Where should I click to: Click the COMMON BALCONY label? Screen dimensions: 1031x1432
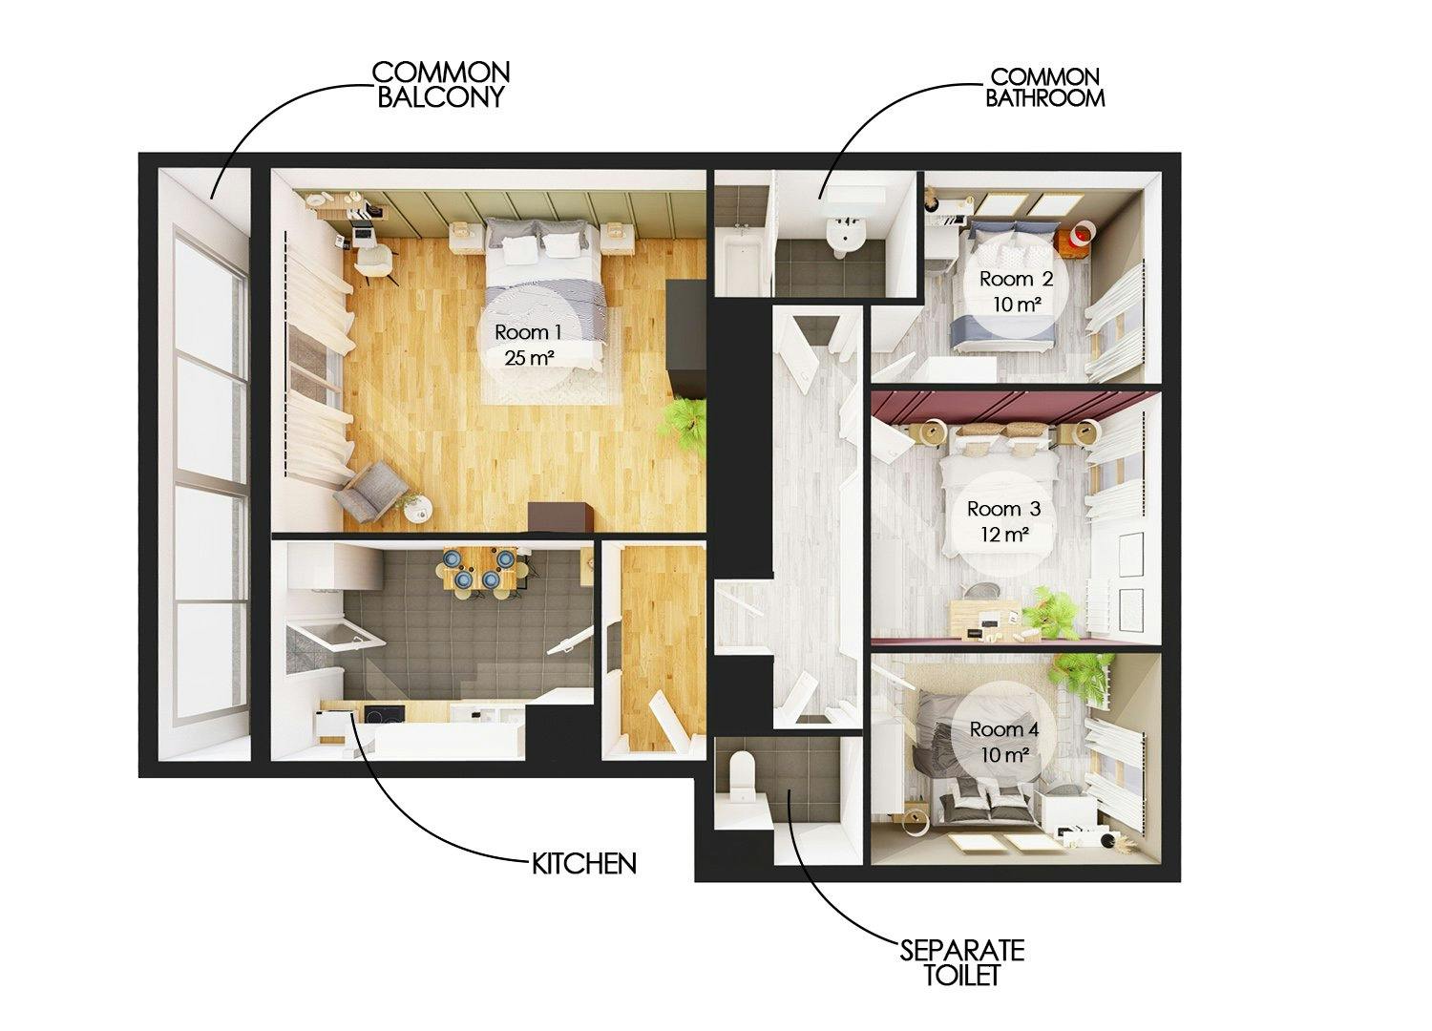tap(440, 84)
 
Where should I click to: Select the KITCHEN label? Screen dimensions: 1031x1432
tap(583, 864)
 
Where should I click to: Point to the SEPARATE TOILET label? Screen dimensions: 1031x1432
tap(962, 962)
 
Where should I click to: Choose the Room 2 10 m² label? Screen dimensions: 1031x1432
tap(1016, 291)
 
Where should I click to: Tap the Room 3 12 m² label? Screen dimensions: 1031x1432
tap(1003, 521)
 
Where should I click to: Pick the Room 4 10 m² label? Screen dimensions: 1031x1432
tap(1003, 741)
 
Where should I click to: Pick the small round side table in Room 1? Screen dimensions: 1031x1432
tap(418, 512)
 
